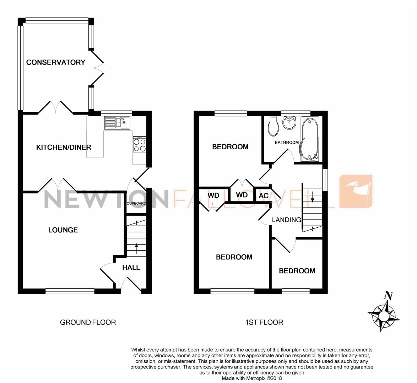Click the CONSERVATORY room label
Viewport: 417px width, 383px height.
pos(55,62)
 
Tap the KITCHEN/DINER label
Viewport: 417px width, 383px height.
pos(64,147)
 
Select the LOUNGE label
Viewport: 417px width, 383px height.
pos(63,230)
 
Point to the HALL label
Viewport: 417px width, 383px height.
pos(131,267)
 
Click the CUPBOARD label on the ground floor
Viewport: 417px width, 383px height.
pos(136,204)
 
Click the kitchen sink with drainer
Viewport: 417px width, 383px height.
pos(117,123)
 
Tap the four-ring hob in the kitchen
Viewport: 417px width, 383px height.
pos(139,144)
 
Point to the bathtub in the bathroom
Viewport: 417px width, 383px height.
pos(310,139)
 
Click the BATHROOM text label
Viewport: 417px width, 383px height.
pos(287,142)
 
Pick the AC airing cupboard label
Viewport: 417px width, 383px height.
pos(264,196)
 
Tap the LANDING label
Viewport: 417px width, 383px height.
pos(286,220)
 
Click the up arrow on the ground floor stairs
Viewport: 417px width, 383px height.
pos(137,249)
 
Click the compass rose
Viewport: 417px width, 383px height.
pos(384,316)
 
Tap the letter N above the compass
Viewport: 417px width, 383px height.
pos(389,295)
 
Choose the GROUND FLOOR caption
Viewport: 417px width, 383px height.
pos(88,322)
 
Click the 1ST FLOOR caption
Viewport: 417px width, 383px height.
pos(264,322)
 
